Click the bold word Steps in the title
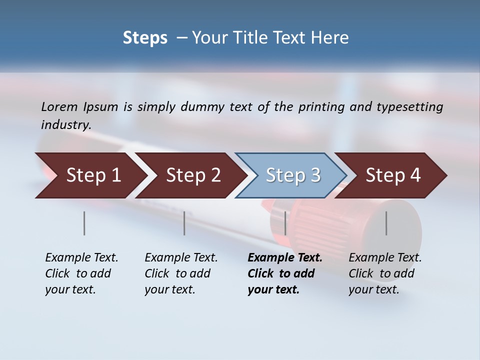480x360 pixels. coord(145,38)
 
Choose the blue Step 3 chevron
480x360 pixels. coord(293,175)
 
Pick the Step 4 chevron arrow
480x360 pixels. coord(393,175)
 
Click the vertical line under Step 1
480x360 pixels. coord(84,223)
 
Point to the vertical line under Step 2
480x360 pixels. coord(184,223)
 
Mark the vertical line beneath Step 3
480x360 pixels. coord(285,223)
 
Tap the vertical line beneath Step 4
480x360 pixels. coord(386,223)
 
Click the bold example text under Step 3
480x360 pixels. coord(284,273)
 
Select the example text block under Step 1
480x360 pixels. coord(81,273)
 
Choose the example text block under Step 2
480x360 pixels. coord(181,273)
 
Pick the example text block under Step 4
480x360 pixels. coord(385,273)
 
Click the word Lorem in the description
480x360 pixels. coord(59,107)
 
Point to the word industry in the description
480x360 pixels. coord(66,125)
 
